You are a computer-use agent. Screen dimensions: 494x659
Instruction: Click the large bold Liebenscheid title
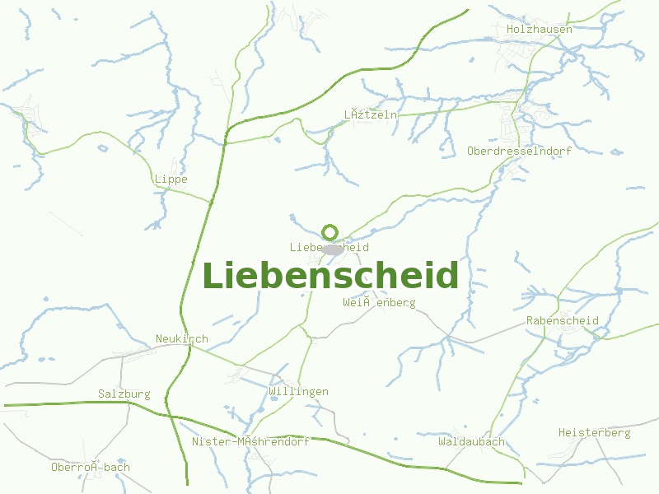click(x=330, y=275)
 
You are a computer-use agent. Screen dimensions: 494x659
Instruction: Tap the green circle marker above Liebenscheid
click(x=329, y=232)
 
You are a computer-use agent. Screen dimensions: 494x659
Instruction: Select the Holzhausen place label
click(x=540, y=30)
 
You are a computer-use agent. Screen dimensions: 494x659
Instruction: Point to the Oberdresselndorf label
click(x=519, y=151)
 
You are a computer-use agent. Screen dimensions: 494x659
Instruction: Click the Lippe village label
click(x=171, y=179)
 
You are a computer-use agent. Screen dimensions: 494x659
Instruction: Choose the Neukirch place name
click(x=182, y=339)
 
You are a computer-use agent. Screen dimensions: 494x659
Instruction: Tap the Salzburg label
click(x=124, y=394)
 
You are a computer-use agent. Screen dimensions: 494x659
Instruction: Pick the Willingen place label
click(x=298, y=392)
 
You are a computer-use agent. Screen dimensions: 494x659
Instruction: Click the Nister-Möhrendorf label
click(x=250, y=442)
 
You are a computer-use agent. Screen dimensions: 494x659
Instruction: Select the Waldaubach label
click(x=471, y=442)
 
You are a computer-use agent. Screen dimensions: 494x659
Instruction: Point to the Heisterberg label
click(x=594, y=433)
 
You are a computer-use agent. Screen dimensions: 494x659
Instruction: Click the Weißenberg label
click(x=379, y=303)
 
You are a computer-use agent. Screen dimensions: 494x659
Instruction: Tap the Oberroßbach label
click(x=91, y=468)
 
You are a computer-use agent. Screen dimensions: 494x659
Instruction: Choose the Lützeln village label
click(x=370, y=115)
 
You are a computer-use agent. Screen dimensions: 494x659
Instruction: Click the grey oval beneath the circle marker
click(x=331, y=249)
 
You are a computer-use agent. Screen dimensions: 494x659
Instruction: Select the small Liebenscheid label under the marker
click(x=329, y=248)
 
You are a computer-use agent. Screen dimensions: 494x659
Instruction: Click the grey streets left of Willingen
click(x=239, y=375)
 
